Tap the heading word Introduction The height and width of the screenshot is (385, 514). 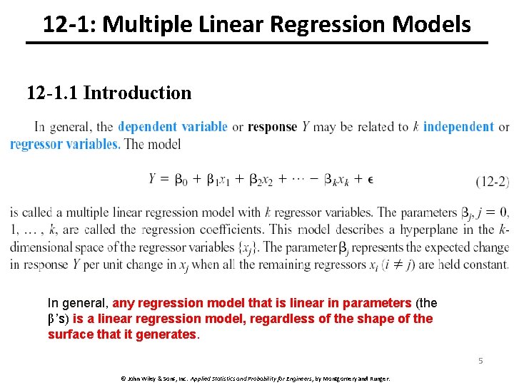137,93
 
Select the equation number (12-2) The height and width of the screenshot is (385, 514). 492,181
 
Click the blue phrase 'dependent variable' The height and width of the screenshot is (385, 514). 173,127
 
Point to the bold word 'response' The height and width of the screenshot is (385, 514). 272,127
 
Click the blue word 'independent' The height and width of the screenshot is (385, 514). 458,127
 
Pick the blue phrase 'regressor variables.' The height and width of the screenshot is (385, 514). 65,144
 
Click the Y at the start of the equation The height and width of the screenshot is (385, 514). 153,179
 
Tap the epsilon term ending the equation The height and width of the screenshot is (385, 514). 370,179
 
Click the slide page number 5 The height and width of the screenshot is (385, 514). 480,361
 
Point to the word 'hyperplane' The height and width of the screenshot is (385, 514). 436,230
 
